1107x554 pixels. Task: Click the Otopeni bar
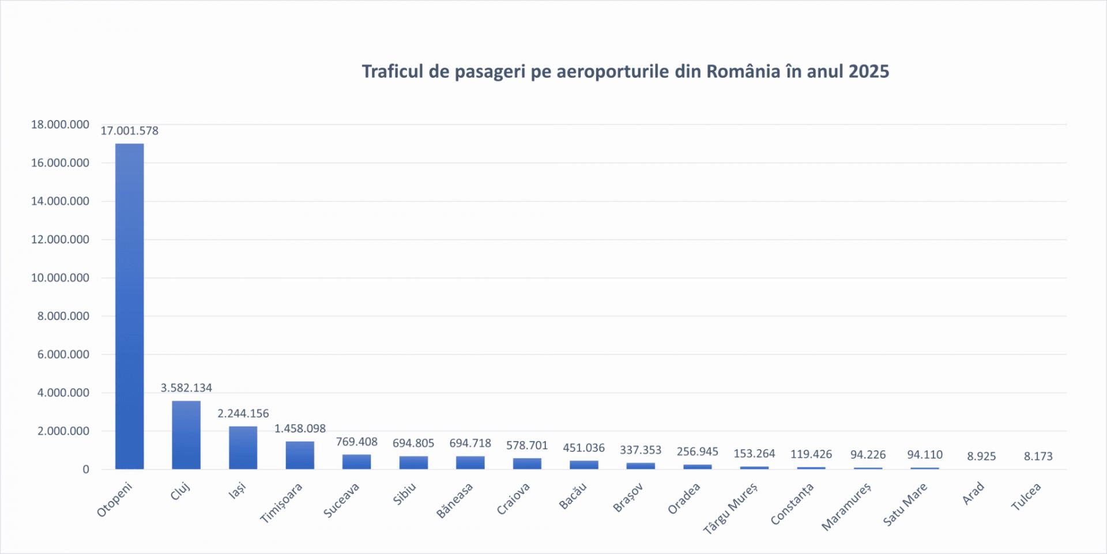coord(129,306)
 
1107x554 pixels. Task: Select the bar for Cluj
coord(186,435)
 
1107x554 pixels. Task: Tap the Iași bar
coord(243,448)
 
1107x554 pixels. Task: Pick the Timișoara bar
coord(300,455)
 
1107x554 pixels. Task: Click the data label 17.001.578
coord(129,131)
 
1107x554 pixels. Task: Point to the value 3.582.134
coord(186,388)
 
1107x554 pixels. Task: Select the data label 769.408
coord(356,442)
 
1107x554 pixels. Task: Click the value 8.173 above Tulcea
coord(1038,456)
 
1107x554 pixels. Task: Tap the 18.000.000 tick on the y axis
coord(60,125)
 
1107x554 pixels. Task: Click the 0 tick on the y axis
coord(86,469)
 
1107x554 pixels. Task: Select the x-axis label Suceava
coord(341,500)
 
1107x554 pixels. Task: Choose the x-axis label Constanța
coord(792,504)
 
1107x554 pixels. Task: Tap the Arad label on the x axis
coord(973,493)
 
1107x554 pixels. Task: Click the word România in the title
coord(743,71)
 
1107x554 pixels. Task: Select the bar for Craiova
coord(527,463)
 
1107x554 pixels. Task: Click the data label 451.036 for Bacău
coord(583,448)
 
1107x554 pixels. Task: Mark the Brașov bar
coord(641,466)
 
